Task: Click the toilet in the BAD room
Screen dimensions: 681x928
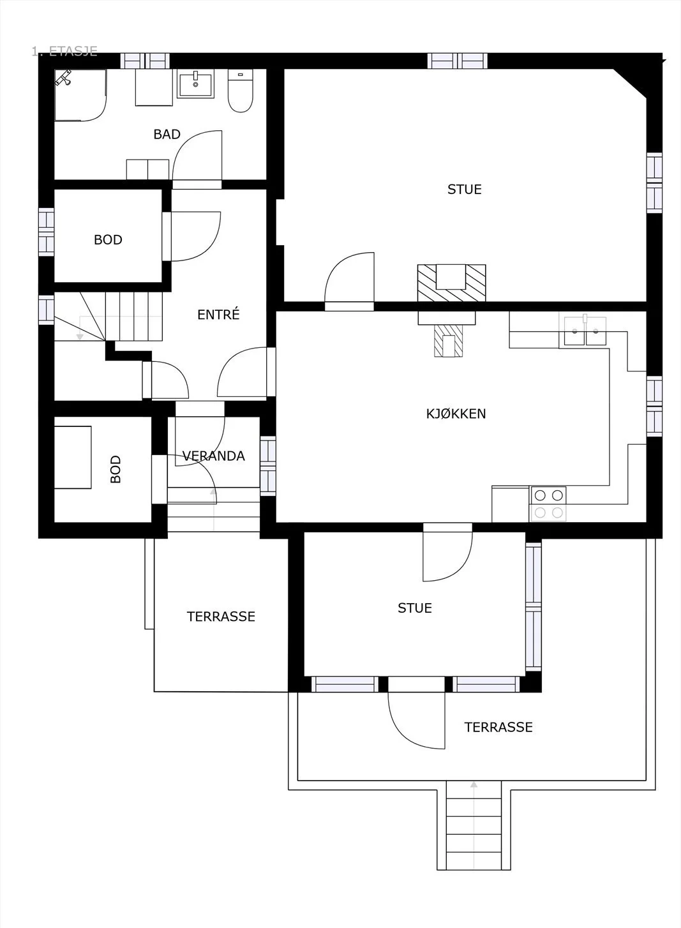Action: (240, 91)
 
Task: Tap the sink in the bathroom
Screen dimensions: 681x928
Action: (195, 83)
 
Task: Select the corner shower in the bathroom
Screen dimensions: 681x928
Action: (80, 95)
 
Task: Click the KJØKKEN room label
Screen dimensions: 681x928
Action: (456, 414)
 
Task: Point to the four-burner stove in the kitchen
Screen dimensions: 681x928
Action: (548, 504)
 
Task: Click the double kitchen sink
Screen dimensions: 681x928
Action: (585, 330)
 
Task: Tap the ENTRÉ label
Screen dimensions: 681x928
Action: (218, 314)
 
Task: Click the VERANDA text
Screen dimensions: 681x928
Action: (214, 456)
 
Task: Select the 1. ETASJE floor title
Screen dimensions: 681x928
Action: (64, 51)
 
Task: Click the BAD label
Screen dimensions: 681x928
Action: (167, 134)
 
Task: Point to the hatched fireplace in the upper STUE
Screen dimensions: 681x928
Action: (451, 283)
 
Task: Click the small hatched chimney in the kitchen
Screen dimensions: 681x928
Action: (448, 341)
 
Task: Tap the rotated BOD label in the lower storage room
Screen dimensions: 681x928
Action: (116, 469)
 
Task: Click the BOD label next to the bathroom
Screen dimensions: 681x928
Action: (108, 240)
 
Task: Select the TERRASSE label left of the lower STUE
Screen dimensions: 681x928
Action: (221, 617)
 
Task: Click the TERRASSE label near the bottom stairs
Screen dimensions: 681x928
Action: (498, 727)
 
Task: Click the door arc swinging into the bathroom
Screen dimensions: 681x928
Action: (197, 155)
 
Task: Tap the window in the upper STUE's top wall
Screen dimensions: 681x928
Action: (458, 61)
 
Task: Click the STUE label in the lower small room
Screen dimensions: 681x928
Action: (415, 608)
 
